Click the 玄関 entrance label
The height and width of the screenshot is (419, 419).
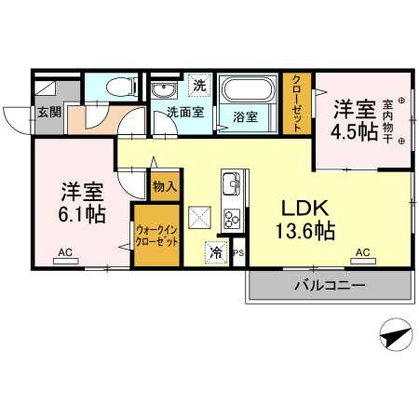[47, 114]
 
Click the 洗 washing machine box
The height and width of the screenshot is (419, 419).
[199, 85]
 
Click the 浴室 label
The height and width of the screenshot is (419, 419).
[246, 117]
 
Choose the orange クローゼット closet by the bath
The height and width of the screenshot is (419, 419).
[297, 104]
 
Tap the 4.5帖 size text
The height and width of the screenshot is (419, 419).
[356, 130]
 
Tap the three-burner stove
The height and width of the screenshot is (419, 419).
[231, 220]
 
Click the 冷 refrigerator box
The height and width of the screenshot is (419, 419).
[216, 251]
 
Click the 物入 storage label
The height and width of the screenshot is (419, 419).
[164, 187]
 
